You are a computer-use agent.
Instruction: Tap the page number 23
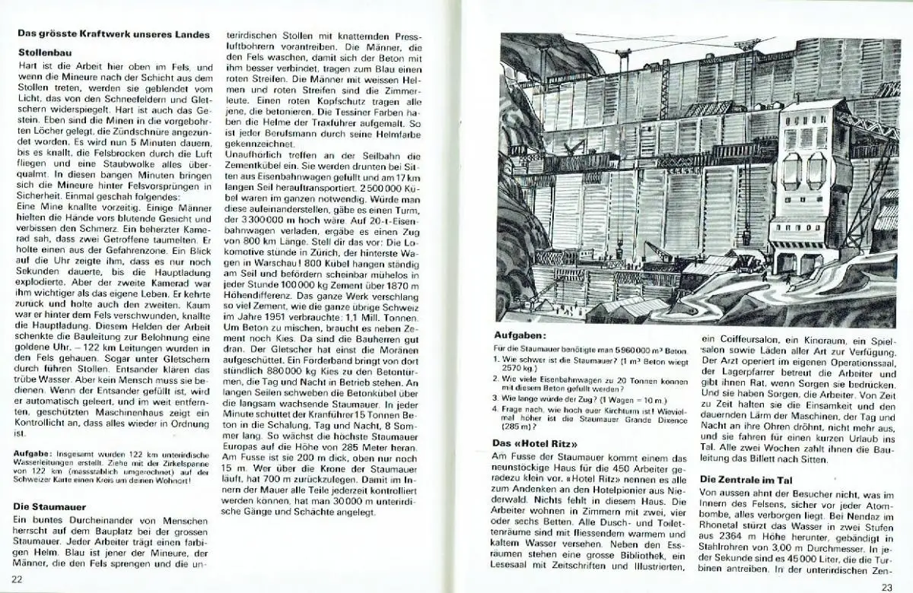[x=886, y=585]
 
